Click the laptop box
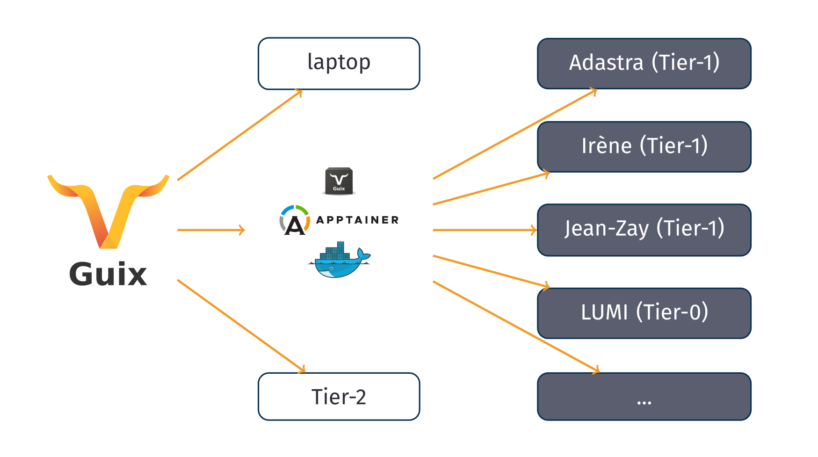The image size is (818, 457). click(x=339, y=64)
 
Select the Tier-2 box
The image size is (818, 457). click(x=339, y=396)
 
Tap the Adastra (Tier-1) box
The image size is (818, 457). click(x=644, y=64)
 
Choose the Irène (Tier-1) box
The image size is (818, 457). click(x=644, y=147)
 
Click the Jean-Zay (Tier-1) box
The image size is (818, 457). click(x=644, y=230)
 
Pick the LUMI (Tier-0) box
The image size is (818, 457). click(x=644, y=313)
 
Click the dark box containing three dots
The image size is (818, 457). click(x=644, y=396)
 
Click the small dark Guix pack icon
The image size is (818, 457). click(x=339, y=181)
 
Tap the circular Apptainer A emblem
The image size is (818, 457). click(x=295, y=220)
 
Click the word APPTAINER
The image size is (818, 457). click(x=357, y=220)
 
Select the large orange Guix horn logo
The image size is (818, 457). click(x=108, y=210)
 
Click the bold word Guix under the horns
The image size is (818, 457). click(x=108, y=274)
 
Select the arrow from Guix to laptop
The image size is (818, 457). click(x=239, y=135)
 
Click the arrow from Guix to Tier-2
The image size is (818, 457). click(x=241, y=326)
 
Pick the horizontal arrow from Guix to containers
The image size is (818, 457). click(x=210, y=230)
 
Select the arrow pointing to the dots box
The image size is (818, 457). click(x=514, y=326)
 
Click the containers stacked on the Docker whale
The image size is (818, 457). click(x=336, y=252)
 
